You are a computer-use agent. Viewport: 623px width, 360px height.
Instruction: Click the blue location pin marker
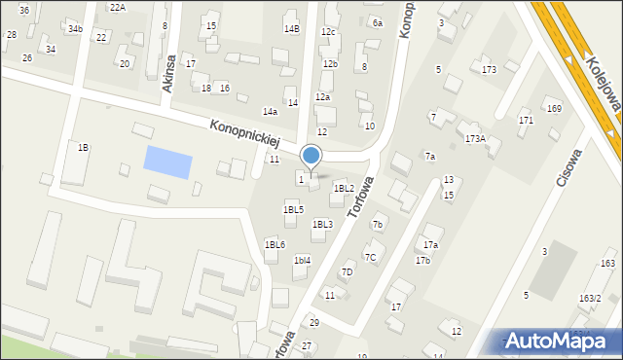point(311,156)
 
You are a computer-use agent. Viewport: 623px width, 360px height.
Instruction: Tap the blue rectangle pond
point(167,161)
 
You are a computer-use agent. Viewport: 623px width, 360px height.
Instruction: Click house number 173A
point(475,139)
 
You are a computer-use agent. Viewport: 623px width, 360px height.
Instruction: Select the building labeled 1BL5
point(293,209)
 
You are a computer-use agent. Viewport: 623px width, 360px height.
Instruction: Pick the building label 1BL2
point(344,188)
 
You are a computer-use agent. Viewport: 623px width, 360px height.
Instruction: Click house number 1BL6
point(275,244)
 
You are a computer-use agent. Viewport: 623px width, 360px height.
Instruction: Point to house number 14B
point(292,29)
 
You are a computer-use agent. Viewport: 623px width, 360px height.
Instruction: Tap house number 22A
point(118,7)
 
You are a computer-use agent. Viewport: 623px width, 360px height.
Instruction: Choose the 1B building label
point(83,147)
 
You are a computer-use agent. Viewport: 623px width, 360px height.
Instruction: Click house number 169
point(554,108)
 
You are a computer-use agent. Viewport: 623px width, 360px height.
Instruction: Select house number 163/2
point(590,298)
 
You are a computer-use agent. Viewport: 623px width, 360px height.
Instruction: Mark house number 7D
point(347,271)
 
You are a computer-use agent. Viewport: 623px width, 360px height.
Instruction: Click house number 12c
point(329,32)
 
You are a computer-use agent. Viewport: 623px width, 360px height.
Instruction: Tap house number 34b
point(75,29)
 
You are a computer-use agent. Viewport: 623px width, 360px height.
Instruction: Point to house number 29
point(313,322)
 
